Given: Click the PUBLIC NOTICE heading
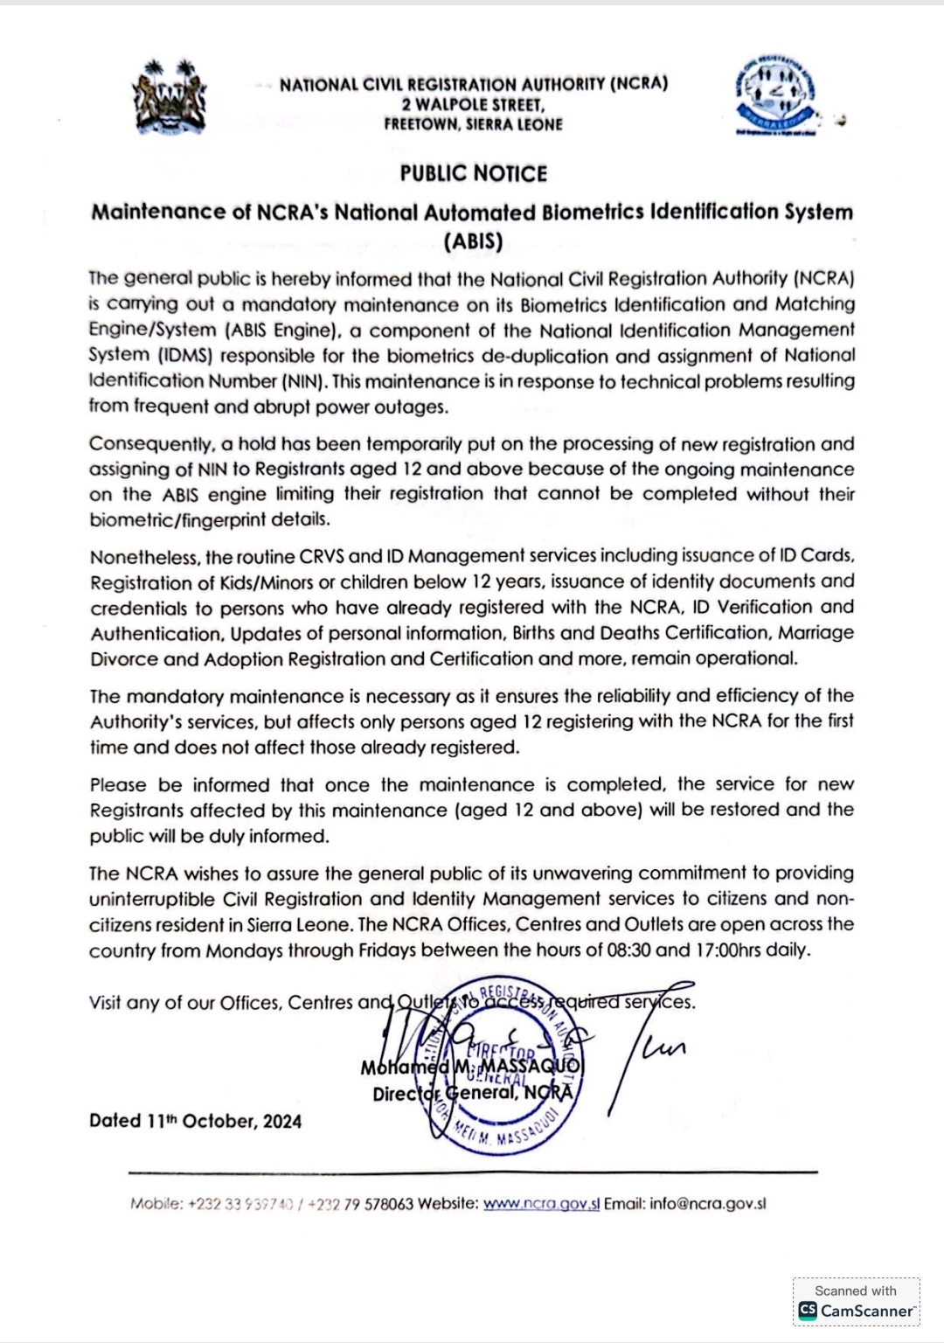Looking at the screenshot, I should pyautogui.click(x=474, y=173).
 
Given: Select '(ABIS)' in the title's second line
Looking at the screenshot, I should pyautogui.click(x=473, y=240).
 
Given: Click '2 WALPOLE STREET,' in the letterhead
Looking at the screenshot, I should pyautogui.click(x=474, y=105).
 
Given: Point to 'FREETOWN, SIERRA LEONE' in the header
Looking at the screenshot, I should pyautogui.click(x=474, y=124).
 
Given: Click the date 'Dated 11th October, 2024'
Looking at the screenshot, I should pyautogui.click(x=195, y=1121).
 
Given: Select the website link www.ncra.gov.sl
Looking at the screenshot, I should pyautogui.click(x=541, y=1203).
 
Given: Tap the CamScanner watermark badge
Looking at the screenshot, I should pyautogui.click(x=856, y=1303).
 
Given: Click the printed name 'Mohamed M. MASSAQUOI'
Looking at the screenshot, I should pyautogui.click(x=470, y=1068).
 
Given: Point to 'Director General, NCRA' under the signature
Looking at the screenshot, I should pyautogui.click(x=472, y=1093).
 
